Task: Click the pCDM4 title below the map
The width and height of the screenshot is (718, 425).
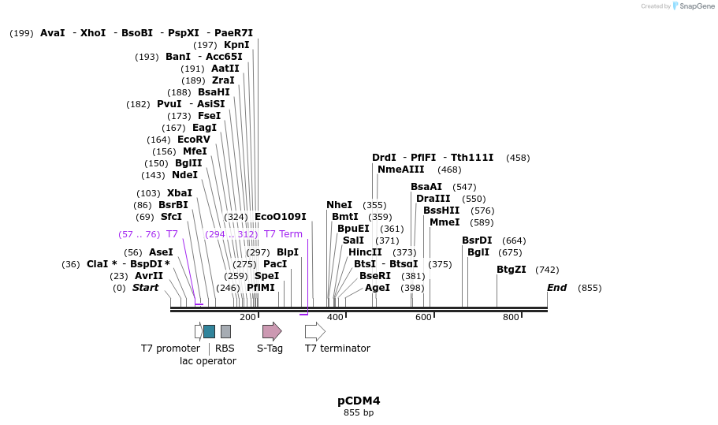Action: point(359,401)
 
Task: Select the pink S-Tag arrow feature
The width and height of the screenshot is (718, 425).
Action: point(272,331)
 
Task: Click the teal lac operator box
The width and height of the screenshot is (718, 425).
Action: point(209,331)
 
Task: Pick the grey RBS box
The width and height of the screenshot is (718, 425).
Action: point(225,331)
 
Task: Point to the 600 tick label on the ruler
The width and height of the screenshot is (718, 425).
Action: point(423,317)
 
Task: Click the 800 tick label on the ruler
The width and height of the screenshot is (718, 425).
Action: point(511,317)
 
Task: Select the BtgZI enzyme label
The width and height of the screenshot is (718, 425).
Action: point(512,270)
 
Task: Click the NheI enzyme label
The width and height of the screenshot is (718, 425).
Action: point(339,205)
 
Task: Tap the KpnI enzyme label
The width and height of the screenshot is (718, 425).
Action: point(236,45)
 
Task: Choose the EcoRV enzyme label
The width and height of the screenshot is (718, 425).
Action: point(194,140)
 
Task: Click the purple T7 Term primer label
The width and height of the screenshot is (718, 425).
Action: point(283,234)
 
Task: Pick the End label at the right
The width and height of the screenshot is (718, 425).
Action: point(556,288)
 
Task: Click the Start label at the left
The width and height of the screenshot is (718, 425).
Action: point(145,288)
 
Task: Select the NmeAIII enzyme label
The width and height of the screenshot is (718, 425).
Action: point(400,170)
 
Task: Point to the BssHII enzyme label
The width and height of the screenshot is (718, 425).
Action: point(441,211)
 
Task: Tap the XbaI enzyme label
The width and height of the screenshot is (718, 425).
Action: point(180,193)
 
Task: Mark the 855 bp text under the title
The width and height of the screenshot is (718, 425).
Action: point(359,412)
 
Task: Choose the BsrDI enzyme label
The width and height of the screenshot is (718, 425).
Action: point(477,240)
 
